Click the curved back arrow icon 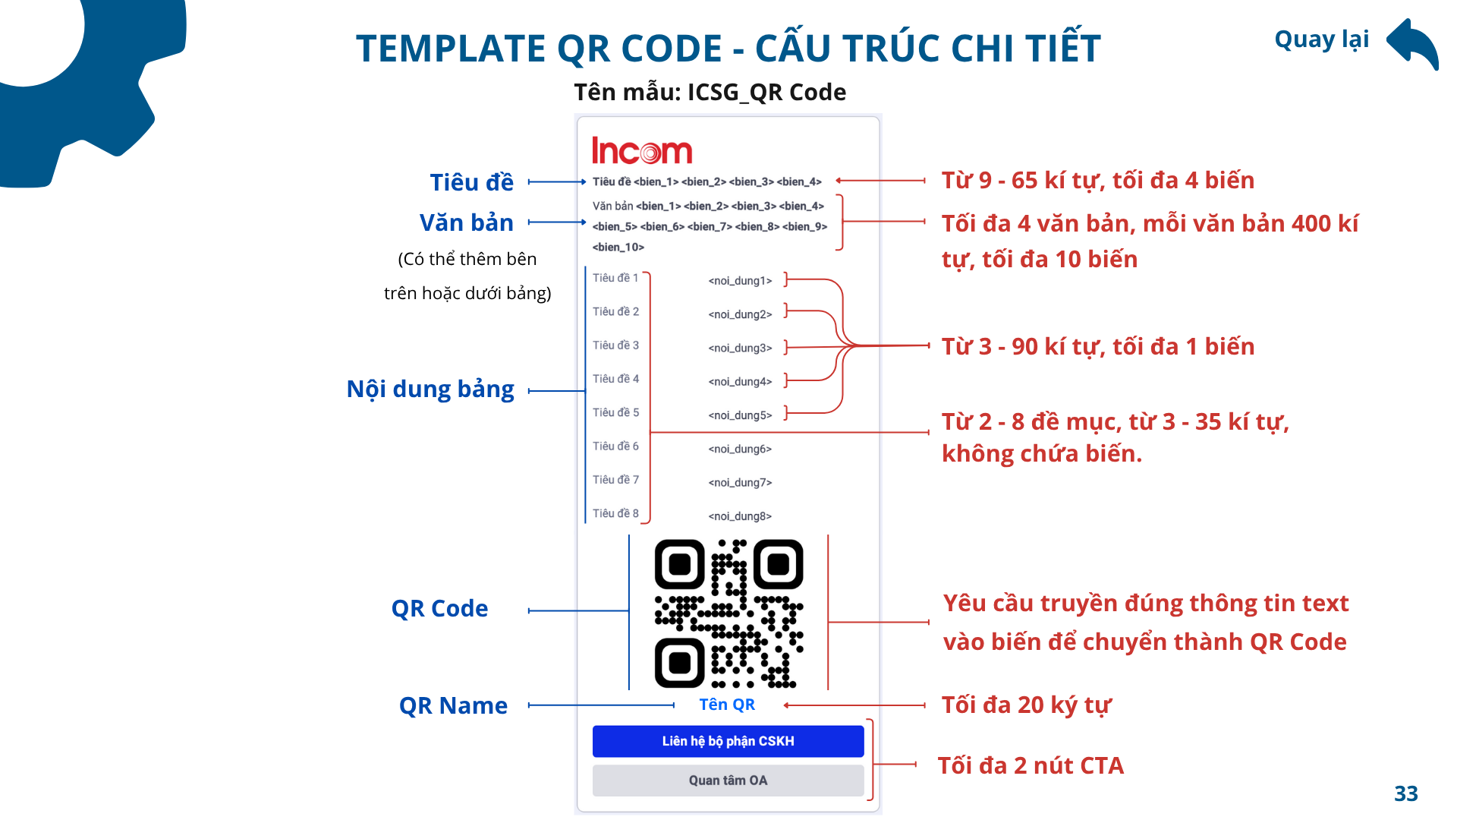(x=1413, y=44)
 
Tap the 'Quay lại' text (x=1321, y=39)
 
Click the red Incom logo (x=642, y=150)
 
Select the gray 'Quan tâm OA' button (x=728, y=781)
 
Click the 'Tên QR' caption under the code (x=727, y=705)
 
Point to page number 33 (x=1406, y=793)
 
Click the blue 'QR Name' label (x=453, y=705)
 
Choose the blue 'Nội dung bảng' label (x=430, y=389)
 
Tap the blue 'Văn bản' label (x=467, y=222)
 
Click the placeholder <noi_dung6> (x=740, y=449)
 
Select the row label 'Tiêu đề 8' (x=615, y=513)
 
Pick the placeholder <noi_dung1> (x=740, y=281)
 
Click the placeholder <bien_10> (x=618, y=247)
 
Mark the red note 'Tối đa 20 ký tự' (x=1026, y=705)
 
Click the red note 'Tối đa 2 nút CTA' (x=1031, y=765)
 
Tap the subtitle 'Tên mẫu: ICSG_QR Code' (x=710, y=92)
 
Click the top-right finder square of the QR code (x=779, y=564)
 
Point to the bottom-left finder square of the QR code (x=680, y=663)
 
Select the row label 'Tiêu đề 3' (x=615, y=345)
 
